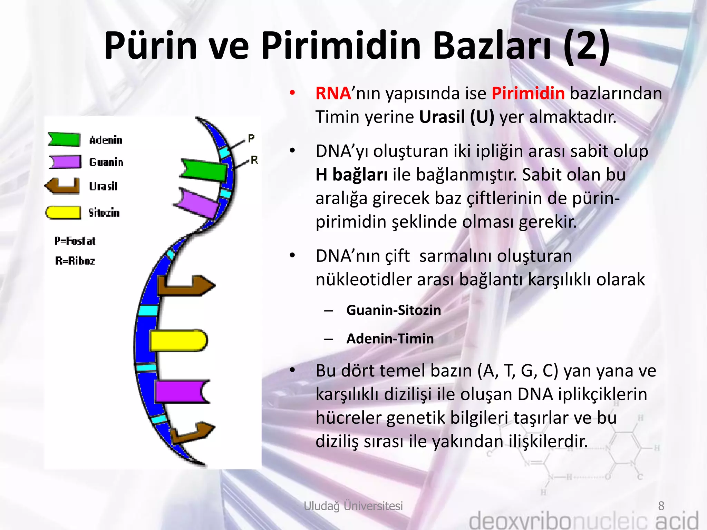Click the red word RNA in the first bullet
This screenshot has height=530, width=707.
pyautogui.click(x=333, y=94)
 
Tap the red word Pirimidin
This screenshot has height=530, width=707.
pyautogui.click(x=528, y=94)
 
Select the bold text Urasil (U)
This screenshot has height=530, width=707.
pyautogui.click(x=456, y=117)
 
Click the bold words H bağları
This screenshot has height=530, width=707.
pyautogui.click(x=351, y=175)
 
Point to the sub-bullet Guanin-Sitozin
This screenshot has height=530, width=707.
pyautogui.click(x=393, y=310)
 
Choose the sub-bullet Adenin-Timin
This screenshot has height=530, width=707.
pyautogui.click(x=390, y=338)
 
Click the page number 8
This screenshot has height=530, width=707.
pyautogui.click(x=661, y=506)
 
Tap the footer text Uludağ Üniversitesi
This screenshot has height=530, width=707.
pyautogui.click(x=353, y=506)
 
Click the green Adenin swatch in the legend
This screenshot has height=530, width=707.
pyautogui.click(x=64, y=139)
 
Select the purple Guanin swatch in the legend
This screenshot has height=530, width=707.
pyautogui.click(x=65, y=161)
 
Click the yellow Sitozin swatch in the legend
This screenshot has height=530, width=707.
pyautogui.click(x=64, y=213)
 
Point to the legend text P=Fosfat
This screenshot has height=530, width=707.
pyautogui.click(x=75, y=241)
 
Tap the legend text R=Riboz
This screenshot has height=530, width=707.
pyautogui.click(x=75, y=261)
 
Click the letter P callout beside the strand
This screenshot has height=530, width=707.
pyautogui.click(x=251, y=139)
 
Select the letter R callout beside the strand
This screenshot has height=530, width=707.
pyautogui.click(x=254, y=160)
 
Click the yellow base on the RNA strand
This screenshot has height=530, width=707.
pyautogui.click(x=178, y=341)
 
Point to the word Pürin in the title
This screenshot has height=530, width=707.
pyautogui.click(x=151, y=46)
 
